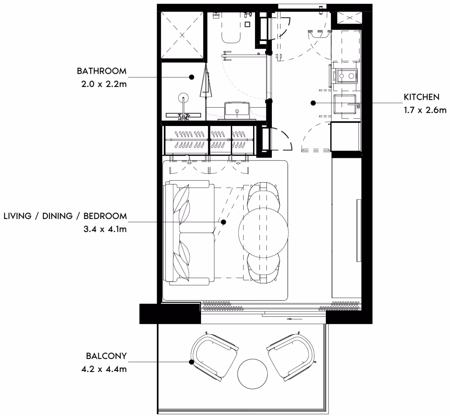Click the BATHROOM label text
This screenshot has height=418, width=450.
[x=102, y=71]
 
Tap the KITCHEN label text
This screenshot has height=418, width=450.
[x=421, y=97]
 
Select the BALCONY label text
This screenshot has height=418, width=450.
[x=106, y=356]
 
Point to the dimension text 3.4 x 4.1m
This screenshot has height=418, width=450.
[x=105, y=229]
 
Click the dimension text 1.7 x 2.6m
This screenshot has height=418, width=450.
[x=425, y=110]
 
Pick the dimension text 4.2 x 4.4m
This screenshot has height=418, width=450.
[x=104, y=369]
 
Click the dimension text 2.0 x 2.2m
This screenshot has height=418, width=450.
[x=104, y=84]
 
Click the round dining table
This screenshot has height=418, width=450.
[x=263, y=233]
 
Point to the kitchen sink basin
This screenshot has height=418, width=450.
[x=345, y=104]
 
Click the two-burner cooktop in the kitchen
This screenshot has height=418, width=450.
[x=346, y=76]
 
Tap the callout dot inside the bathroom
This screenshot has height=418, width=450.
[x=192, y=77]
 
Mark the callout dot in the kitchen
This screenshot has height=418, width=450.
[x=313, y=103]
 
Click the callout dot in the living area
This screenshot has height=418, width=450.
[x=223, y=222]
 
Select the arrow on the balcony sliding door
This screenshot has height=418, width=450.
[x=294, y=319]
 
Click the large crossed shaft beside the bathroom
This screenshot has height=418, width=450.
[x=182, y=35]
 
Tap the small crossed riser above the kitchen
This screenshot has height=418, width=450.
[x=349, y=18]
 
